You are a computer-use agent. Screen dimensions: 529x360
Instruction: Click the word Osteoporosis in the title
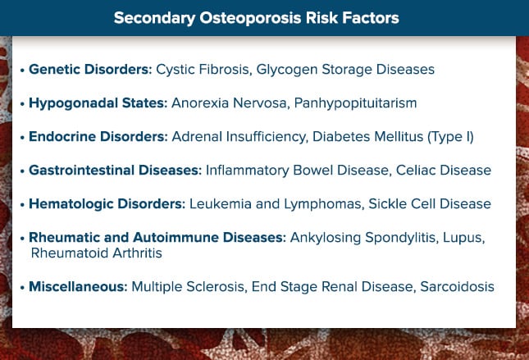(250, 18)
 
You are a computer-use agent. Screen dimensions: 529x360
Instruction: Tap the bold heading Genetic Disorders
(90, 69)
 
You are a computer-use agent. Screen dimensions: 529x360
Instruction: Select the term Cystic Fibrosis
(203, 70)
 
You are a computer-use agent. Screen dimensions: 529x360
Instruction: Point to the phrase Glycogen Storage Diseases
(345, 70)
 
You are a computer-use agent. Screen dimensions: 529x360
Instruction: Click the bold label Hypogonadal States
(98, 103)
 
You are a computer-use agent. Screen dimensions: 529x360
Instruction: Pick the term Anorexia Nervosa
(229, 103)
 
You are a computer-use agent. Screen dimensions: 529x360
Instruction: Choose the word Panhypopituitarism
(356, 103)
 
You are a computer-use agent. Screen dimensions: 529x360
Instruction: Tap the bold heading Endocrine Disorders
(98, 137)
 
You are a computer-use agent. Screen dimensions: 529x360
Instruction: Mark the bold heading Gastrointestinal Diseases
(115, 171)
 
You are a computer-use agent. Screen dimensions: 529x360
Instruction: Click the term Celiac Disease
(444, 171)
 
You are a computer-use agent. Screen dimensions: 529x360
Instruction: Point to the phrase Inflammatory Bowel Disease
(297, 171)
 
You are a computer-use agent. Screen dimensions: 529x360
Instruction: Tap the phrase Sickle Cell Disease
(430, 204)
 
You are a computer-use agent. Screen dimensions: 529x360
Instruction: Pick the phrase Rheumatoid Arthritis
(97, 253)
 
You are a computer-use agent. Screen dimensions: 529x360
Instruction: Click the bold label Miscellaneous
(78, 287)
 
